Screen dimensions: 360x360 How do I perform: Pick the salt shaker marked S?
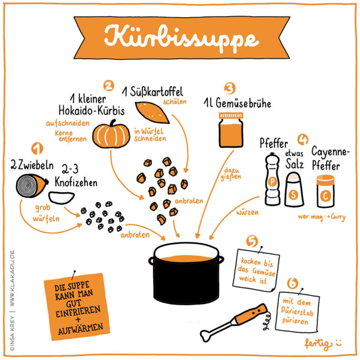click(x=295, y=189)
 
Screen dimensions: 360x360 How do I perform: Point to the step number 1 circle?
click(x=38, y=149)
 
